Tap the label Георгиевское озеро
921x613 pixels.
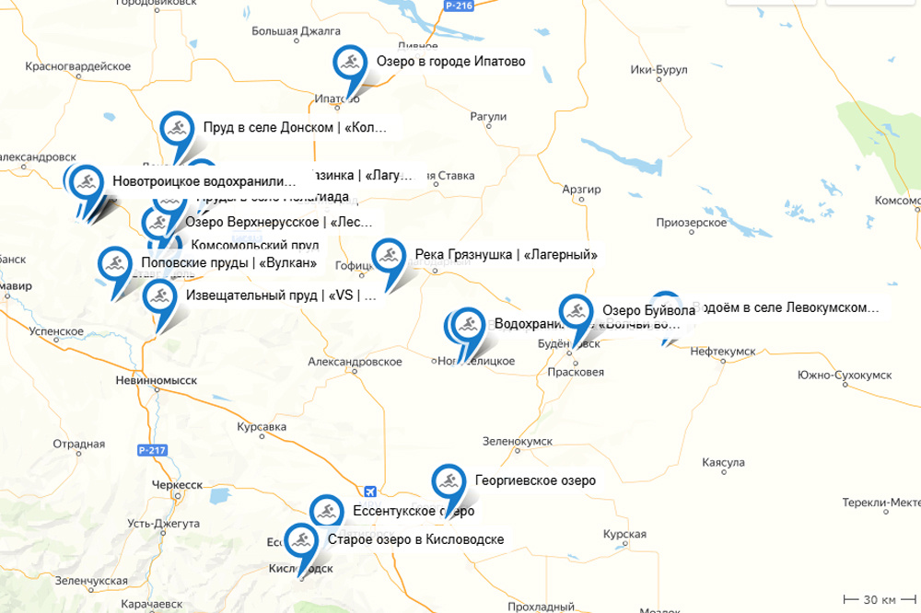tap(535, 480)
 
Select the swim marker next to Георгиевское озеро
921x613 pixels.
tap(449, 481)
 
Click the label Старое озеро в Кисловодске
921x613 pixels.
tap(415, 539)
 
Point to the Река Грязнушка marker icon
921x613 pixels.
tap(388, 256)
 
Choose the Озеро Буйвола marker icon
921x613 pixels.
tap(576, 311)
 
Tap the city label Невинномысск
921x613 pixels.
tap(157, 379)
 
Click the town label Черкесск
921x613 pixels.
tap(177, 484)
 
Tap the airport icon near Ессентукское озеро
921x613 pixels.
tap(369, 491)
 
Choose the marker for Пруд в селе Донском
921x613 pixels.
tap(176, 129)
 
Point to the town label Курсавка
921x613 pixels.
tap(262, 428)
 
